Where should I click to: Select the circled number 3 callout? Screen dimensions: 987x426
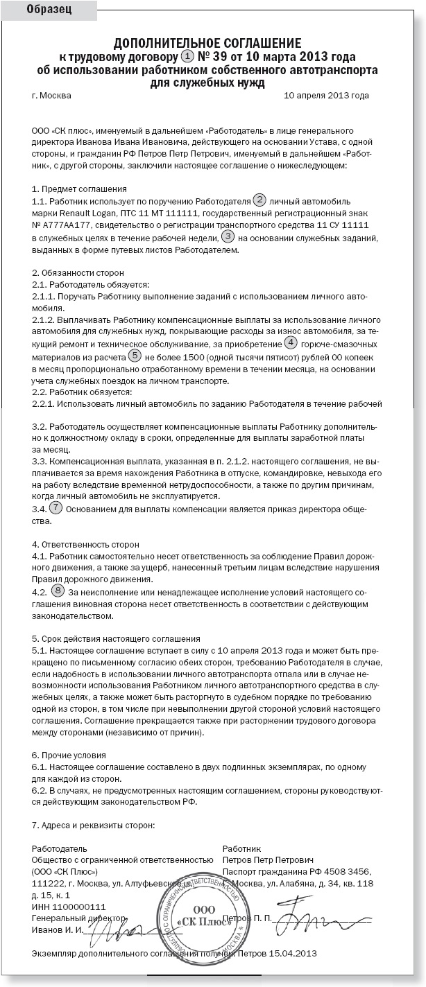(228, 237)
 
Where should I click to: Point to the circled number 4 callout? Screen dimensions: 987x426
(291, 343)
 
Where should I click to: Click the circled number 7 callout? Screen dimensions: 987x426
(56, 507)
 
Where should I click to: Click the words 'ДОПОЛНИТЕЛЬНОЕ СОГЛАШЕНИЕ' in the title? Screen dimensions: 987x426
(207, 43)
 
